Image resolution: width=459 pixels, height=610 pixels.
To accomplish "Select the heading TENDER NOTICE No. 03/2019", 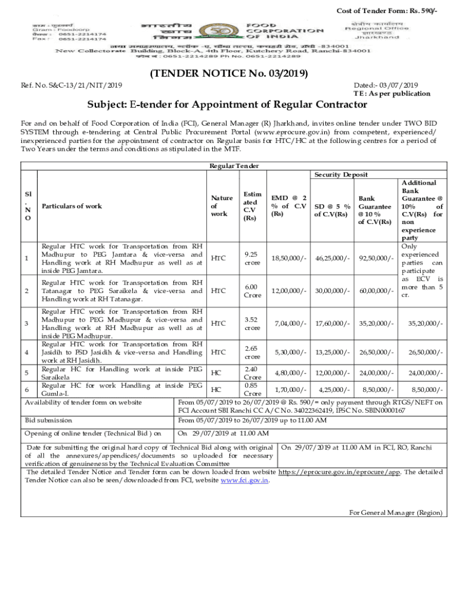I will pos(229,74).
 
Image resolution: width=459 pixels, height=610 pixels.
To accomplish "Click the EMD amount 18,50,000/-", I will pos(289,257).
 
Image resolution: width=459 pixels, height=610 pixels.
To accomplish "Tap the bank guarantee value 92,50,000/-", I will pos(376,257).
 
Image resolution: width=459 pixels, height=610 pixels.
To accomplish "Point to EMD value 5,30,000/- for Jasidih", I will pos(290,351).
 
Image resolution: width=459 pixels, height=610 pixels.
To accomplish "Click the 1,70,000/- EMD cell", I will pos(290,389).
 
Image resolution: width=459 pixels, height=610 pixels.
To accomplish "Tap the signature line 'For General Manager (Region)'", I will pos(396,512).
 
